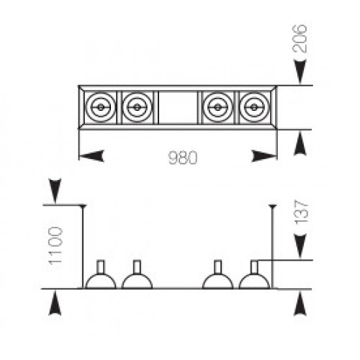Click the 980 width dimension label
tap(183, 158)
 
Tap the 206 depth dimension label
tap(300, 38)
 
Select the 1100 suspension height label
tap(56, 245)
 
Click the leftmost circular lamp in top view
tap(101, 107)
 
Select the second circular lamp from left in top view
tap(137, 107)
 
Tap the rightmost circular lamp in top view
tap(254, 107)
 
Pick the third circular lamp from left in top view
tap(217, 107)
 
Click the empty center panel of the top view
tap(178, 107)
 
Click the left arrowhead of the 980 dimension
tap(91, 156)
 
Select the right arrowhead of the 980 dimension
tap(264, 156)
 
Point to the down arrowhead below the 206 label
tap(300, 72)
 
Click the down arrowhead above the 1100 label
tap(55, 191)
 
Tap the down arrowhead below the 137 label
tap(300, 247)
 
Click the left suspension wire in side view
tap(83, 247)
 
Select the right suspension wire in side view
tap(273, 247)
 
